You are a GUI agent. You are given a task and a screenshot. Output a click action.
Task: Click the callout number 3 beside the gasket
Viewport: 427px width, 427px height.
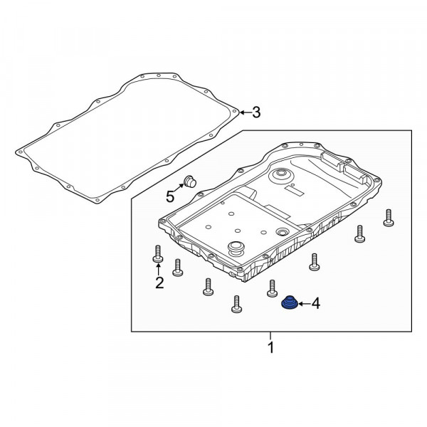coord(256,112)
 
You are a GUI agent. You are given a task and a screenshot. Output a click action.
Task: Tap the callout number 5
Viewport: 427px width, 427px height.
coord(170,196)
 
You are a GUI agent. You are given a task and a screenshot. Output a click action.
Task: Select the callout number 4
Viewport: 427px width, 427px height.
coord(315,303)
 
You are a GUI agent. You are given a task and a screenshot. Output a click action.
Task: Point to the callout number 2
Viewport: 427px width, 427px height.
coord(159,283)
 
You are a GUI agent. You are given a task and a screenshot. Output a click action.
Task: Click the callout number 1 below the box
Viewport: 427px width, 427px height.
coord(270,347)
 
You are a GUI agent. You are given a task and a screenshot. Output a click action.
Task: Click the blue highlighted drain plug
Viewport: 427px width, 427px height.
coord(289,303)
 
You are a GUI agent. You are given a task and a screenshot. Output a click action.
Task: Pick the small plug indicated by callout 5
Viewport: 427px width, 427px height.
coord(190,181)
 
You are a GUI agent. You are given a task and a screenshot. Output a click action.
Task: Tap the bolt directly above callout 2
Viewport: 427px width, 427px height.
coord(158,254)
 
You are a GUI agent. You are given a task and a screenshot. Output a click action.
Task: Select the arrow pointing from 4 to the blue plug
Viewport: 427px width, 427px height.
coord(305,303)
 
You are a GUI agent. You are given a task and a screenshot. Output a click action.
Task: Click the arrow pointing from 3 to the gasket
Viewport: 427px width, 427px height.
coord(245,112)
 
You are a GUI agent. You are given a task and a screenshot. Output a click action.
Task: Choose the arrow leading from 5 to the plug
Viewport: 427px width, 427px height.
coord(179,188)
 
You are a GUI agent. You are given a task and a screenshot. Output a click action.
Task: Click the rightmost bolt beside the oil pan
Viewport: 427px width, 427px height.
coord(389,218)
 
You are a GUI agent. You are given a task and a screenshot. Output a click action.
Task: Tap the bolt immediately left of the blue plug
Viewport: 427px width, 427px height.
coord(272,288)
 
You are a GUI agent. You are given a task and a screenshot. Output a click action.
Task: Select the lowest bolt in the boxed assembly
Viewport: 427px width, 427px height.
coord(236,304)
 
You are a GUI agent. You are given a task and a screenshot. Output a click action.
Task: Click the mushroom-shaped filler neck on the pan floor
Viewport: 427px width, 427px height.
coord(236,248)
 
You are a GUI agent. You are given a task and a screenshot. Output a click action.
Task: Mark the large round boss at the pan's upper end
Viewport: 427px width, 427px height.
coord(281,175)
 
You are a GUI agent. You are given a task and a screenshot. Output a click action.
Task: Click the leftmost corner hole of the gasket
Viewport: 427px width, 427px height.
coord(20,152)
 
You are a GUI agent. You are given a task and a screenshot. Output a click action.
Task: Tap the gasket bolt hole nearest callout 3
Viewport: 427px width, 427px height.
coord(234,111)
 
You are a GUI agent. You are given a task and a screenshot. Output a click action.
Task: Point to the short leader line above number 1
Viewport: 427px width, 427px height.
coord(270,335)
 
